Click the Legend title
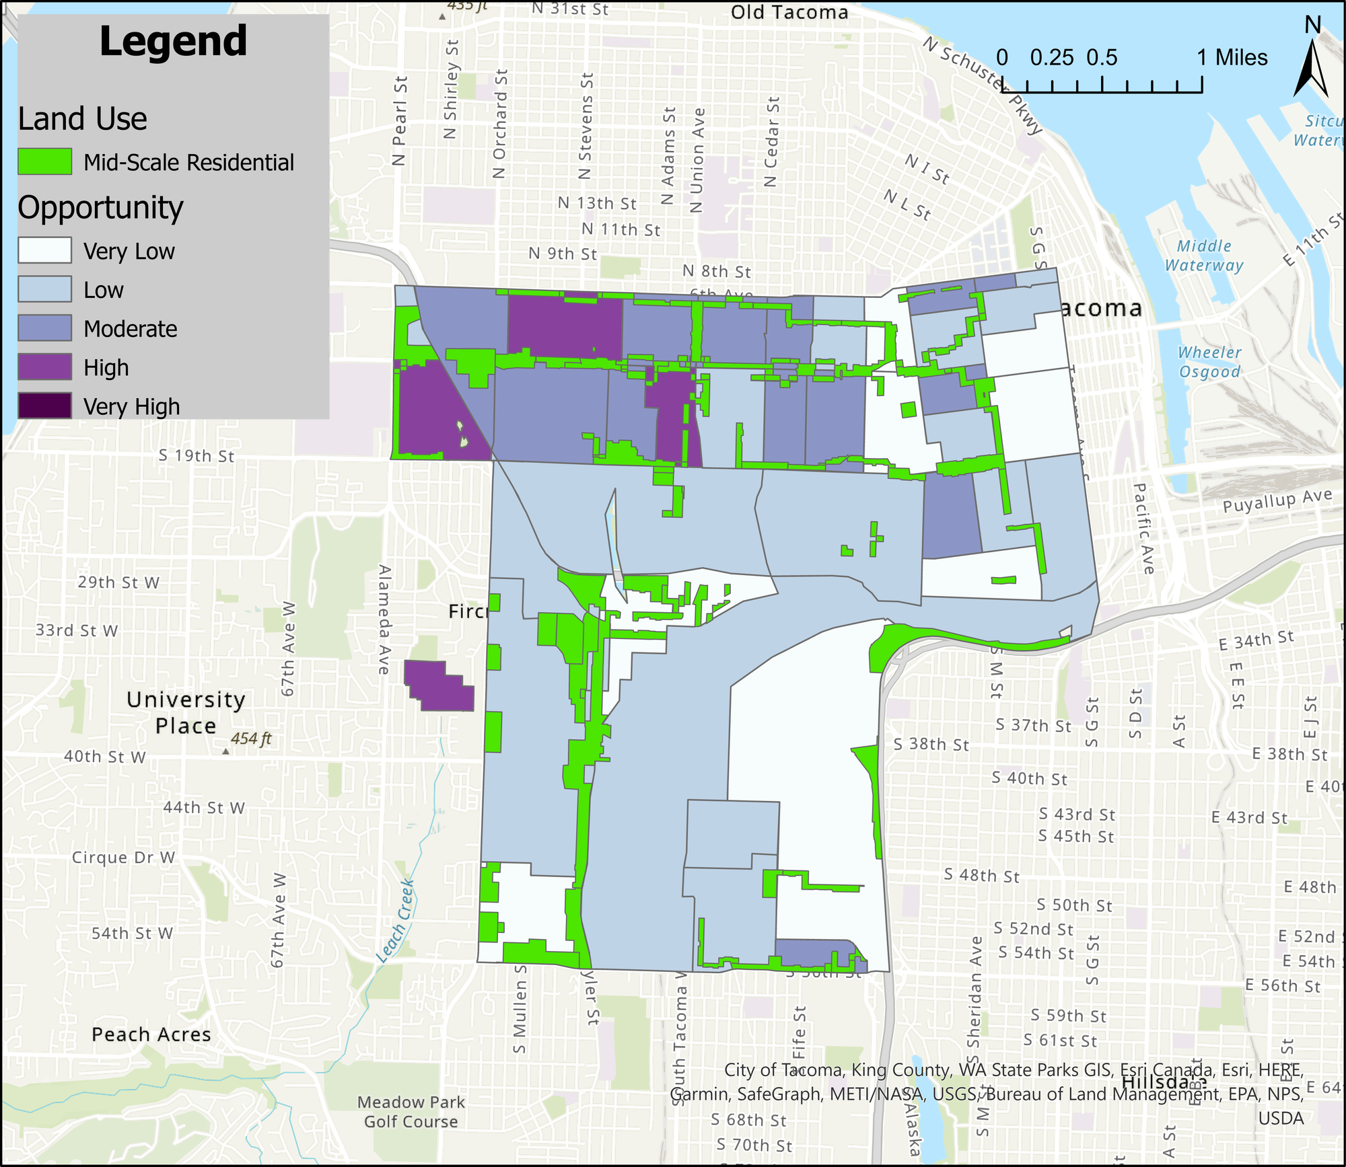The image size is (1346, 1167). click(173, 42)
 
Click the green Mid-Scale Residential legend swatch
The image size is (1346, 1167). click(44, 162)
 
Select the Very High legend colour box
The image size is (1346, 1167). click(44, 406)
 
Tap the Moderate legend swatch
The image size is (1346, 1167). click(44, 328)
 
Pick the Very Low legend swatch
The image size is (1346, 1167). click(44, 250)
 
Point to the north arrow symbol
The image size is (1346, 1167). click(1311, 67)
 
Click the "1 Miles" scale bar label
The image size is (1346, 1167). click(1232, 58)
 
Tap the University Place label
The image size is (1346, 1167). click(186, 713)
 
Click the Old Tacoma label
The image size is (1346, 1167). click(789, 12)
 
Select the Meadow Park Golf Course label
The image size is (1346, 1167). click(411, 1112)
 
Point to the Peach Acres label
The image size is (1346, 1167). click(151, 1034)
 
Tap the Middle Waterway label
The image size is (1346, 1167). click(1204, 256)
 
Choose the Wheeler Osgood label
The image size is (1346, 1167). click(1209, 362)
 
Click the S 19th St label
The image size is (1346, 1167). click(197, 455)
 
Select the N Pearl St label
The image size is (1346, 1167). click(400, 121)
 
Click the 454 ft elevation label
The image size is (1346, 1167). click(251, 739)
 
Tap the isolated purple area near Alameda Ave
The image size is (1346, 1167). click(441, 686)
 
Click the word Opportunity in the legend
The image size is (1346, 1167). click(100, 208)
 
